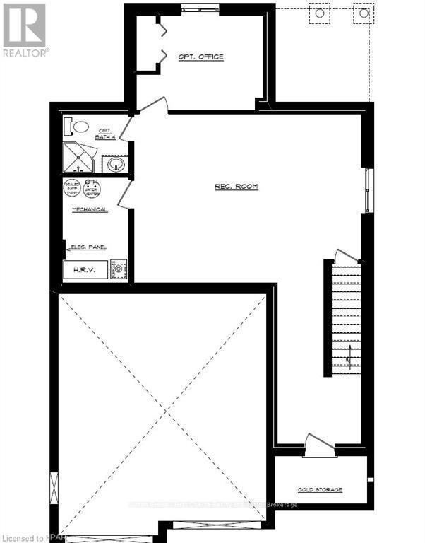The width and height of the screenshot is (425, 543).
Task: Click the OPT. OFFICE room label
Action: click(200, 57)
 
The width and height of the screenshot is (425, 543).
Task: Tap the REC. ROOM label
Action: click(237, 187)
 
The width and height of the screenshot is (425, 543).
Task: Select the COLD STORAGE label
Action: click(320, 489)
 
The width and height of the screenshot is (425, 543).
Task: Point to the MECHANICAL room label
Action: click(90, 210)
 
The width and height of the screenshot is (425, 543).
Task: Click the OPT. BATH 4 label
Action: click(105, 133)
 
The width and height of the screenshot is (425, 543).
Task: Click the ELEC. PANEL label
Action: click(89, 247)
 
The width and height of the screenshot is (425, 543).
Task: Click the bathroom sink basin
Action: click(116, 165)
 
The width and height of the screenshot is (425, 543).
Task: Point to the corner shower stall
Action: click(80, 158)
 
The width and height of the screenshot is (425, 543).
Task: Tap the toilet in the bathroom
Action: click(77, 127)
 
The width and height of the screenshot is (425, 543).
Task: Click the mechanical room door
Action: click(124, 193)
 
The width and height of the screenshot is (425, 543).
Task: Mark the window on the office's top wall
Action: click(193, 8)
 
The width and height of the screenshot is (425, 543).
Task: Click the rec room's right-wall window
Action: click(366, 191)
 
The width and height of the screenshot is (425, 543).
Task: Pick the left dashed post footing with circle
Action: click(319, 13)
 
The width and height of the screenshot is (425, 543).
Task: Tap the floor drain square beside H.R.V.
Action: click(119, 269)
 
